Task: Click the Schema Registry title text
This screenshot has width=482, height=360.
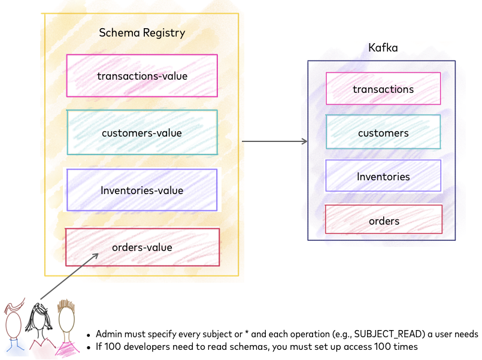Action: (142, 33)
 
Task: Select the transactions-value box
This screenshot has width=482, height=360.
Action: (142, 76)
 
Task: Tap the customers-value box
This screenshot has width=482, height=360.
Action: (142, 132)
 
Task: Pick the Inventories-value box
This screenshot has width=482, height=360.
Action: (142, 190)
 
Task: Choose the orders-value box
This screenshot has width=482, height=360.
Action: (142, 247)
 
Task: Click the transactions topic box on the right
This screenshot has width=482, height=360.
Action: (383, 89)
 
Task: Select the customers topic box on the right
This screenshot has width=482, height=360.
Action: (383, 133)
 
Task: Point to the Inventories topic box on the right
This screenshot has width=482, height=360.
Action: (383, 177)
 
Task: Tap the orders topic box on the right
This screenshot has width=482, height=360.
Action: (383, 221)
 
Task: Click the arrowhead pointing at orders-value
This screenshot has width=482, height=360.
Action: (95, 256)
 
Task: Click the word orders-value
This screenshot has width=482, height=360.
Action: (142, 247)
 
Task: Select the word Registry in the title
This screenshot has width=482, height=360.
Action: (164, 33)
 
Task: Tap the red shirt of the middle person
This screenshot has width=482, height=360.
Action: (43, 349)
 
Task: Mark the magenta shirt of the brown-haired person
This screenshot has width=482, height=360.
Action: (68, 349)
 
